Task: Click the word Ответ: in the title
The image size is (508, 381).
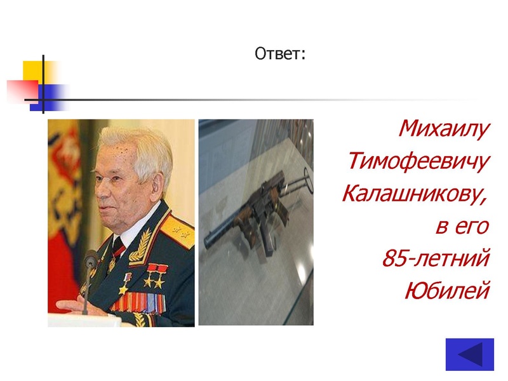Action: [x=280, y=54]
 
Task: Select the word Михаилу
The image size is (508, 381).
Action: [x=444, y=130]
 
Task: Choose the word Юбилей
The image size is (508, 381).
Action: [x=448, y=291]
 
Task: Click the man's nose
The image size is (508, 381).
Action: [x=97, y=190]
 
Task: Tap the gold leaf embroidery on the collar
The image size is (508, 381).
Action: [x=141, y=244]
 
